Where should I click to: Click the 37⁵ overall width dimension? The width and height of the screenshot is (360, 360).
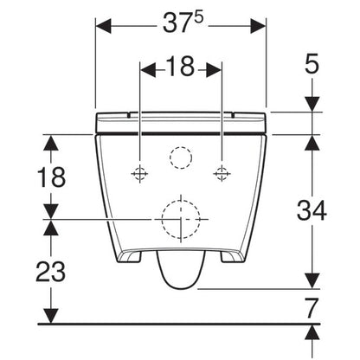click(183, 22)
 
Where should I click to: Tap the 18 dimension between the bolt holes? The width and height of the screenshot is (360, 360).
click(180, 66)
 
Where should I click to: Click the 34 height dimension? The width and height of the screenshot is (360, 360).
click(312, 210)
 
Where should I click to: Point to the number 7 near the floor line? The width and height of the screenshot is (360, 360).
click(312, 308)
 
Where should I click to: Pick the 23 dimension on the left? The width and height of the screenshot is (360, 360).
click(51, 272)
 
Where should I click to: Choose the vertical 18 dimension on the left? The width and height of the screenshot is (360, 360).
click(51, 177)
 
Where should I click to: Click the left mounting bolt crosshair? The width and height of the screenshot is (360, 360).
click(139, 173)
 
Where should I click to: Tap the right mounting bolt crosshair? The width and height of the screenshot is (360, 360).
click(222, 173)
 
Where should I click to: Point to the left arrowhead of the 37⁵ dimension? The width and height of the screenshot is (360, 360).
click(103, 26)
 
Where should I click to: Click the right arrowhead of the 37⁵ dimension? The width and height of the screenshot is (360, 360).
click(258, 26)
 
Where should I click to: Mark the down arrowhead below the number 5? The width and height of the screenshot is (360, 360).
click(312, 104)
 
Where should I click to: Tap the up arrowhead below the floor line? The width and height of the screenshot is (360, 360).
click(312, 332)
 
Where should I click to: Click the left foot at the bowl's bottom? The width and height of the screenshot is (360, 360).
click(130, 256)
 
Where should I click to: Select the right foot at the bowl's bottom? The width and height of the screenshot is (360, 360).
click(232, 256)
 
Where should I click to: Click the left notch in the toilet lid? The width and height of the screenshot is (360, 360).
click(129, 115)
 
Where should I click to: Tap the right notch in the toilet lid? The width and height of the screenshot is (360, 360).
click(233, 115)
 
